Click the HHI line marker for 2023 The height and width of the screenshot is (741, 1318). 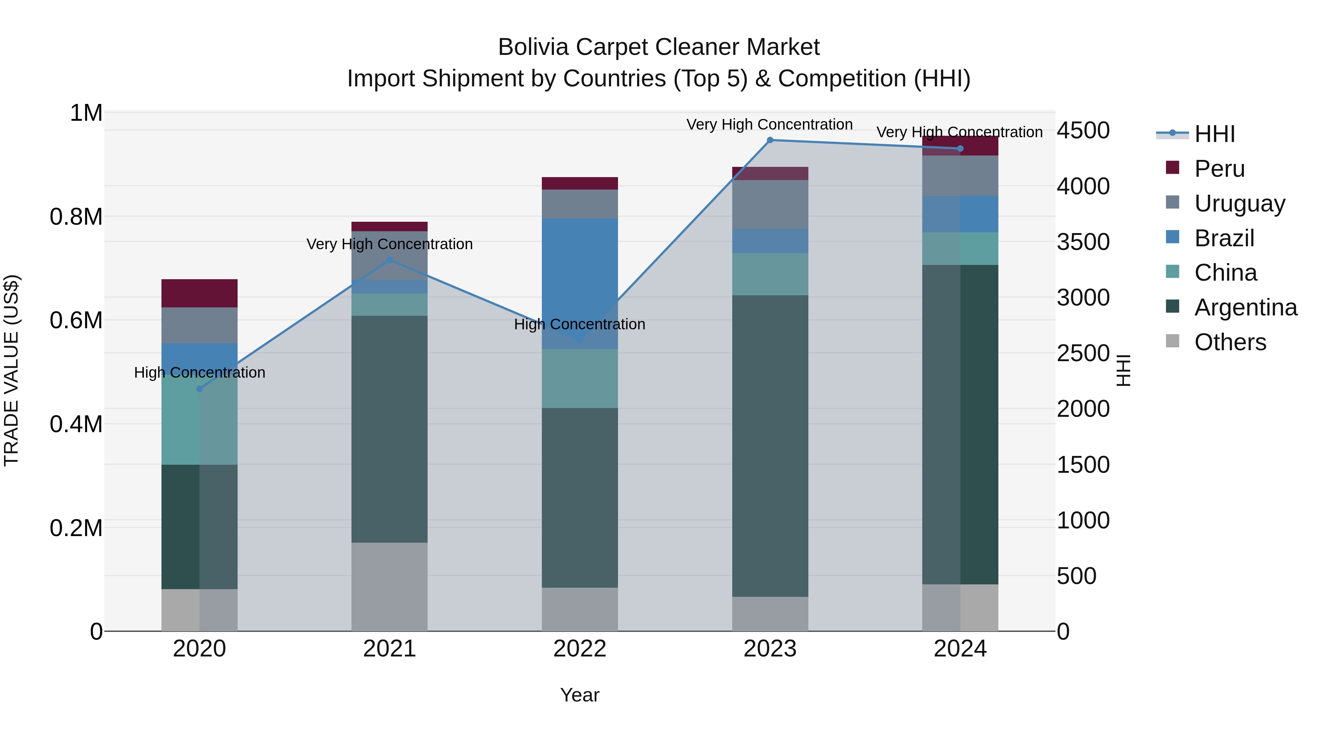coord(770,140)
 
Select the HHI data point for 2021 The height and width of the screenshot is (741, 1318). coord(390,260)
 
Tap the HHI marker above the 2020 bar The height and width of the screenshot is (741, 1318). coord(200,389)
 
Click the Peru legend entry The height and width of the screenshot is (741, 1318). coord(1219,169)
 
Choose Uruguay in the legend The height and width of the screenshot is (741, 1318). coord(1239,203)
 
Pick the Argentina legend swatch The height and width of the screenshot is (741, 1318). coord(1172,307)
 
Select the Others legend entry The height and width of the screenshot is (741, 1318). coord(1230,342)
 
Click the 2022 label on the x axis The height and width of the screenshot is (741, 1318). coord(580,649)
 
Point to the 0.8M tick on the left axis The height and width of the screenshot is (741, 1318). coord(76,217)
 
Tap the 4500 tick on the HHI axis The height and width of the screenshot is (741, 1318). coord(1083,130)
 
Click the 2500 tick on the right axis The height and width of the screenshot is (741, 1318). coord(1083,353)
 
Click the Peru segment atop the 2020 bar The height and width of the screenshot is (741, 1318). coord(200,293)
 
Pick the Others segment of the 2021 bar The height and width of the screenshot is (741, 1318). coord(390,587)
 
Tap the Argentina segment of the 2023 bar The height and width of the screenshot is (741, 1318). coord(770,445)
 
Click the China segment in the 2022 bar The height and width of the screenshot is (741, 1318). coord(580,378)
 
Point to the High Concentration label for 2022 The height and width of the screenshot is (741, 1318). coord(580,324)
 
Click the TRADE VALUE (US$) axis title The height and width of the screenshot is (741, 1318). coord(11,370)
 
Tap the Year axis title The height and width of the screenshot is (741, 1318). coord(580,695)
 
